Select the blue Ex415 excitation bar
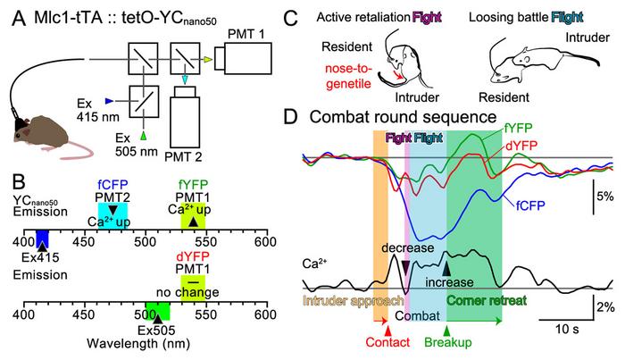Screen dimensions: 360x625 pos(42,239)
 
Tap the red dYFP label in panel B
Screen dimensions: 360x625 pos(203,258)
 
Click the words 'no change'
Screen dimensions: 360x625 pos(204,292)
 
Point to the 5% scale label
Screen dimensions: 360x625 pos(604,196)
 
